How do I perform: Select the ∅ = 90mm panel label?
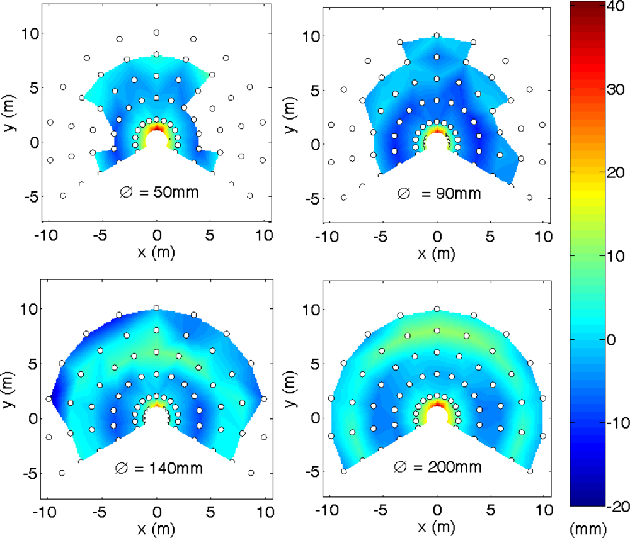pos(439,193)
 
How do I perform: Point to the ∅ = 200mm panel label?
pos(438,467)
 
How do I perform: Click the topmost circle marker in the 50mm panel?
pos(156,32)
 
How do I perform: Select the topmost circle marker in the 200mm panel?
pos(437,309)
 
